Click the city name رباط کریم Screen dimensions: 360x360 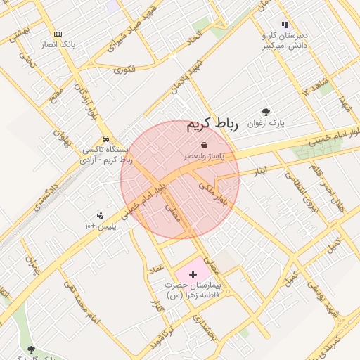(x=212, y=125)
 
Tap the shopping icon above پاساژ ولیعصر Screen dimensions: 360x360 (x=204, y=145)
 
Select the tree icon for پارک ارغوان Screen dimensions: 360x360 (x=266, y=112)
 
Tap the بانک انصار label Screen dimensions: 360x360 (x=58, y=44)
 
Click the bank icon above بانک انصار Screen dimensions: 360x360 (x=58, y=33)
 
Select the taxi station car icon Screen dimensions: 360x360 (x=105, y=139)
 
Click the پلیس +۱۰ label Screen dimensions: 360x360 (x=99, y=226)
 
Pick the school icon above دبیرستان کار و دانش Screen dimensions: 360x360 (x=285, y=25)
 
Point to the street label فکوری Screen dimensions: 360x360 (x=124, y=69)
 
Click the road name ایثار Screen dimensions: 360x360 (x=259, y=171)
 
